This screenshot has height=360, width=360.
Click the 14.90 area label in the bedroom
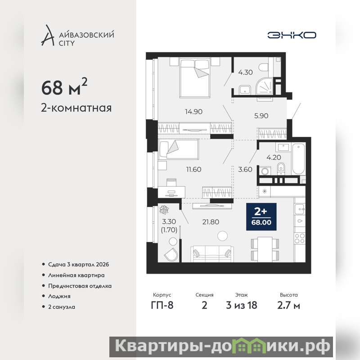point(193,112)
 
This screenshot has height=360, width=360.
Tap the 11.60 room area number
point(193,170)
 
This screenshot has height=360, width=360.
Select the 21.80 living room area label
point(211,222)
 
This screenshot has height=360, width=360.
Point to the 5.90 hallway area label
point(261,116)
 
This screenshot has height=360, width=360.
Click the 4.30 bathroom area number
point(245,72)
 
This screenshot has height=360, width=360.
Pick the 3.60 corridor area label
point(245,170)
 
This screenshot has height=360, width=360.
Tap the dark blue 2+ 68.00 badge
point(261,216)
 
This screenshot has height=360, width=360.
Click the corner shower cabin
point(265,86)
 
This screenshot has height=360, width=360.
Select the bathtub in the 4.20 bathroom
point(298,159)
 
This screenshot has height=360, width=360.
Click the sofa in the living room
point(212,254)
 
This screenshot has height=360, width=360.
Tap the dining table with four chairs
point(265,249)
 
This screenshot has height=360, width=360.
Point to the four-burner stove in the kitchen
point(300,238)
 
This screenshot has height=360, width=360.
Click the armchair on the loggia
point(171,254)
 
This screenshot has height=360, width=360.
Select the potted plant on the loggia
point(164,209)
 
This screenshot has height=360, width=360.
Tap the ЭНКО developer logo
point(292,35)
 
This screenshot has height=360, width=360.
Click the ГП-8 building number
point(162,306)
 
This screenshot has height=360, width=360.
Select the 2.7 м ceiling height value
point(288,306)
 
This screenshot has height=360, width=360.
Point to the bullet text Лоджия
point(59,296)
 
